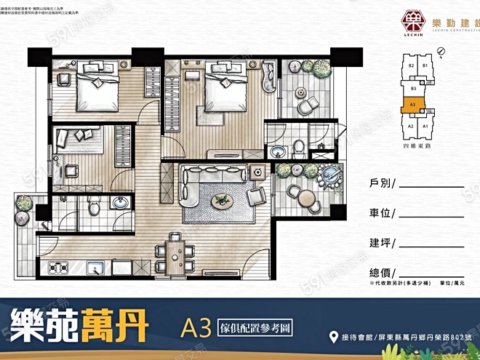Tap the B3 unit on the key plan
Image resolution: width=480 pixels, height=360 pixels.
413,89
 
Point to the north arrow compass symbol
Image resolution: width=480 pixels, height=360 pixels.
441,52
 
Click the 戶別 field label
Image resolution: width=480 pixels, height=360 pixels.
377,184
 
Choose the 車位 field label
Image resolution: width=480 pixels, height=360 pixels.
377,213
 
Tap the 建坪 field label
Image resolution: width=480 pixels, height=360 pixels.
377,242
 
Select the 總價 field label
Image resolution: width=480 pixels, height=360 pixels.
377,272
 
